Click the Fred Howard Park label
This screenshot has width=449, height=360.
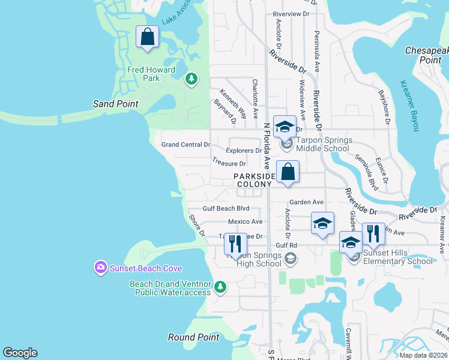[x=151, y=74]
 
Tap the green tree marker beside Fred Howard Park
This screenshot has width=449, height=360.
[x=191, y=79]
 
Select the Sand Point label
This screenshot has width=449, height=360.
[x=115, y=104]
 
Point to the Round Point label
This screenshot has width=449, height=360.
[x=194, y=337]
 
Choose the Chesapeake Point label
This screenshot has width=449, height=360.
[x=427, y=55]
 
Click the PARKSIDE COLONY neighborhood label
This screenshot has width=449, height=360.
[x=255, y=180]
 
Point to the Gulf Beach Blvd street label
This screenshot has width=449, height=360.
[x=226, y=208]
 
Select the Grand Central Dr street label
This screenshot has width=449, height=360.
[x=186, y=145]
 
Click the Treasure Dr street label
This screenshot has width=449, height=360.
[x=229, y=163]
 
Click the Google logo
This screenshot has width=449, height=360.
[x=20, y=353]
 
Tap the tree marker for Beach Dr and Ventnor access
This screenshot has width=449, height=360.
[x=220, y=287]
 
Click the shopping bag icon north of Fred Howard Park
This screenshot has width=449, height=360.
[x=147, y=37]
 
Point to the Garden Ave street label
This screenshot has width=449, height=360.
[x=306, y=202]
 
